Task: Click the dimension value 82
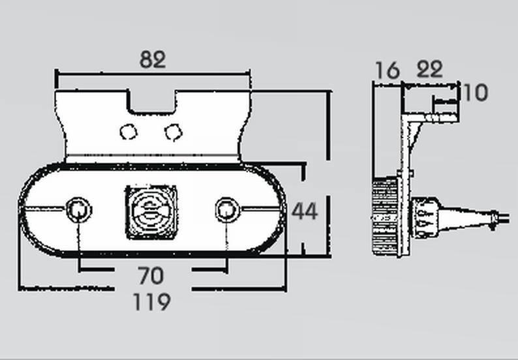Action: [x=153, y=59]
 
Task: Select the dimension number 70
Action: [x=151, y=276]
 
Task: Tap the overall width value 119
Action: [x=152, y=302]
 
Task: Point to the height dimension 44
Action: [x=305, y=211]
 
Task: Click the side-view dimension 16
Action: [x=388, y=70]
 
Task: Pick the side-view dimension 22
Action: [x=429, y=69]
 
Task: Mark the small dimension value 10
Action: [x=476, y=93]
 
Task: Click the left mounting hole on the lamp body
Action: [x=79, y=210]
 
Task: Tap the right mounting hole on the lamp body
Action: [x=227, y=210]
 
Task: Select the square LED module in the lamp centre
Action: [x=151, y=212]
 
